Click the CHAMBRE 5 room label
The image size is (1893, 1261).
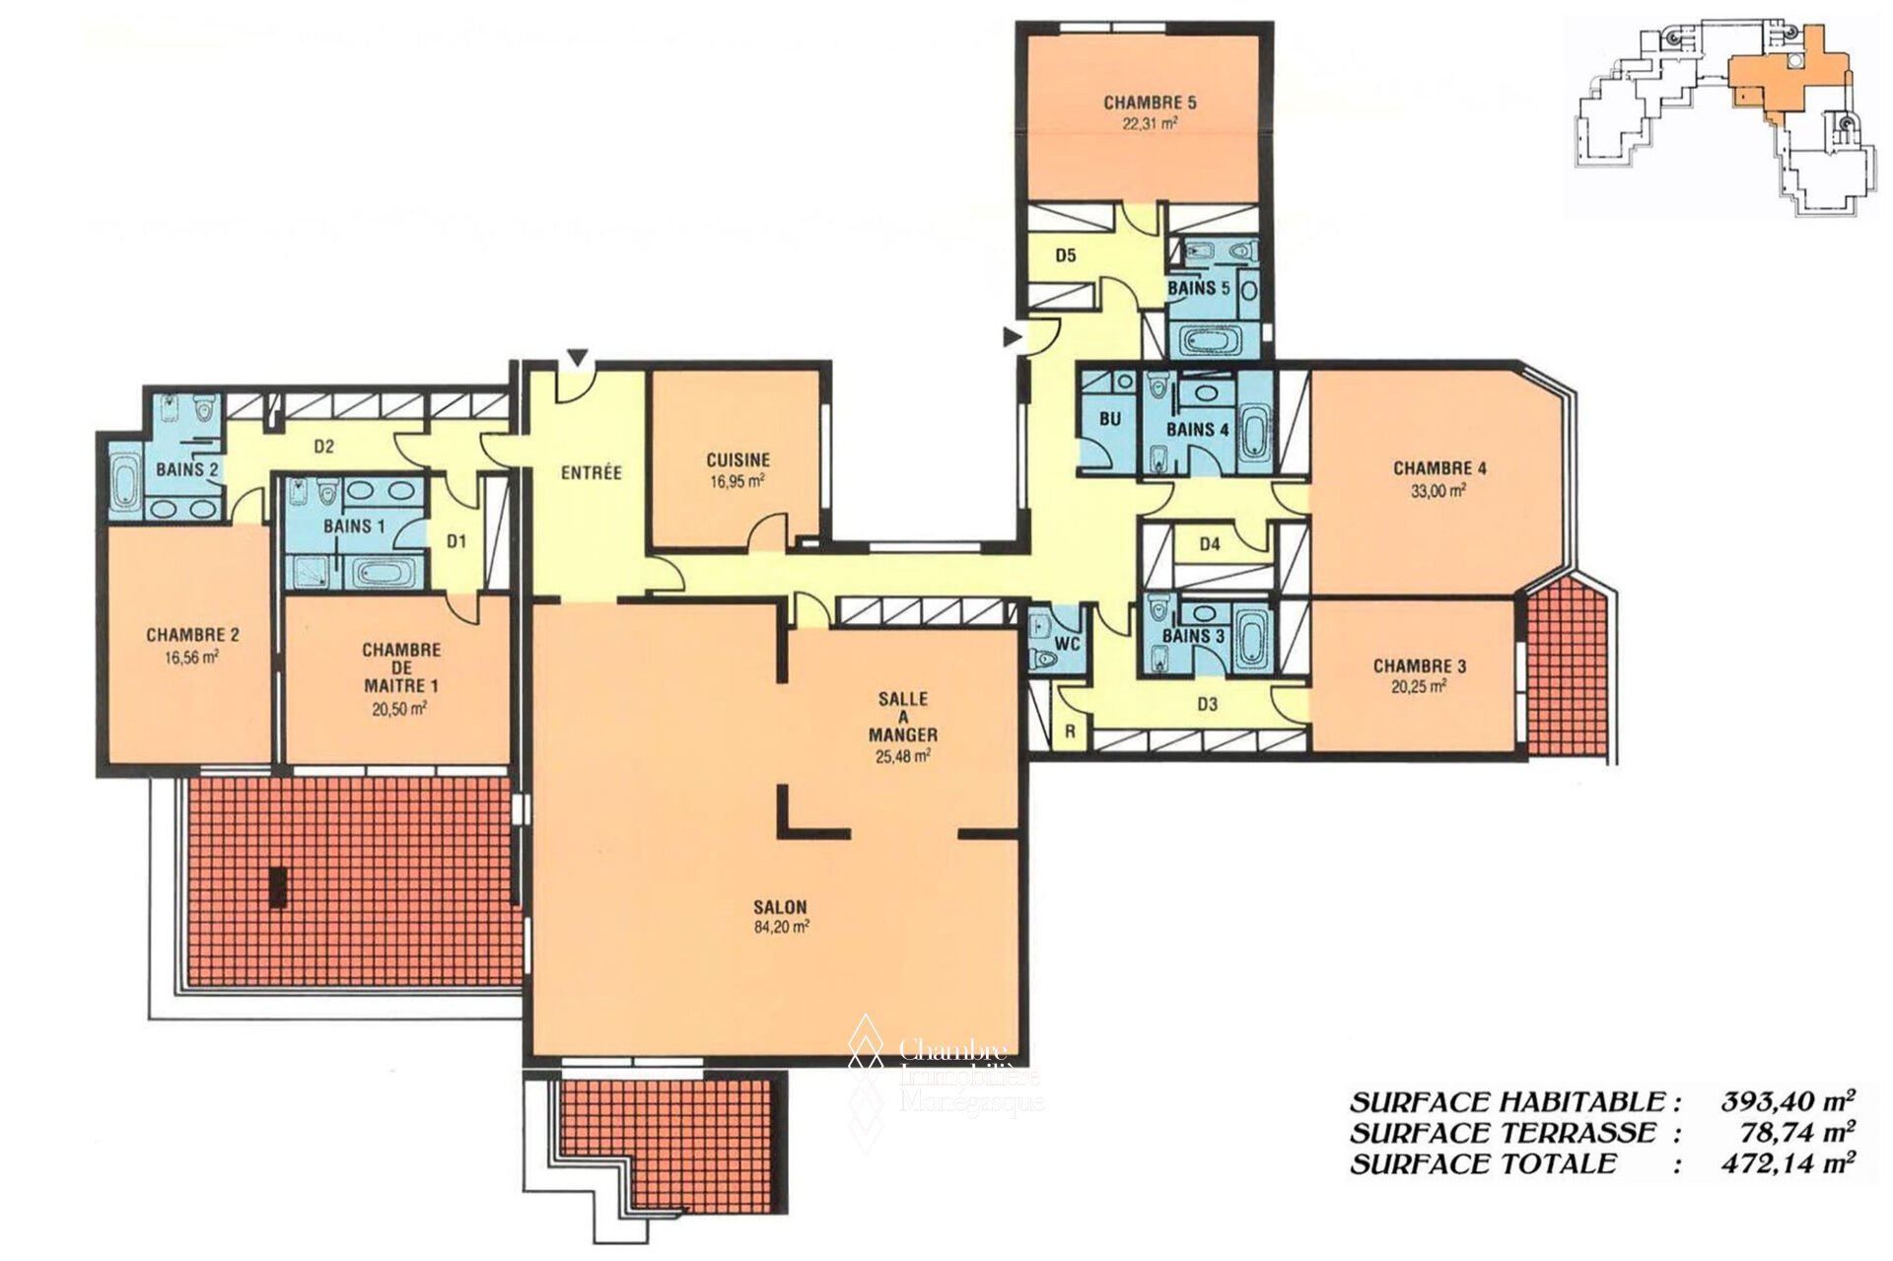pyautogui.click(x=1150, y=103)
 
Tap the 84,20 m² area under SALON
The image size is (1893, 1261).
pyautogui.click(x=782, y=927)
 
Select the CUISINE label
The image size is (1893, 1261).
pyautogui.click(x=737, y=460)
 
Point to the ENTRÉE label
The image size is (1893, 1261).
pyautogui.click(x=592, y=473)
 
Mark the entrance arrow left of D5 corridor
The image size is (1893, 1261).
pyautogui.click(x=1013, y=337)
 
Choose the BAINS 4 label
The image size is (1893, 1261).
pyautogui.click(x=1197, y=430)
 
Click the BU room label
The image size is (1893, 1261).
pyautogui.click(x=1110, y=419)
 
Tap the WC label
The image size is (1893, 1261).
pyautogui.click(x=1068, y=644)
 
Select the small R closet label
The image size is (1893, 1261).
pyautogui.click(x=1071, y=732)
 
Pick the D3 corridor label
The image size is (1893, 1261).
pyautogui.click(x=1208, y=704)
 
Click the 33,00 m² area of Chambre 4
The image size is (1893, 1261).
pyautogui.click(x=1438, y=490)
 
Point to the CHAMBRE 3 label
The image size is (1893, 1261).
pyautogui.click(x=1420, y=666)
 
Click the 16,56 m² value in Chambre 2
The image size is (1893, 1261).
pyautogui.click(x=192, y=656)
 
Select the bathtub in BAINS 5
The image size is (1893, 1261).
pyautogui.click(x=1212, y=342)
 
